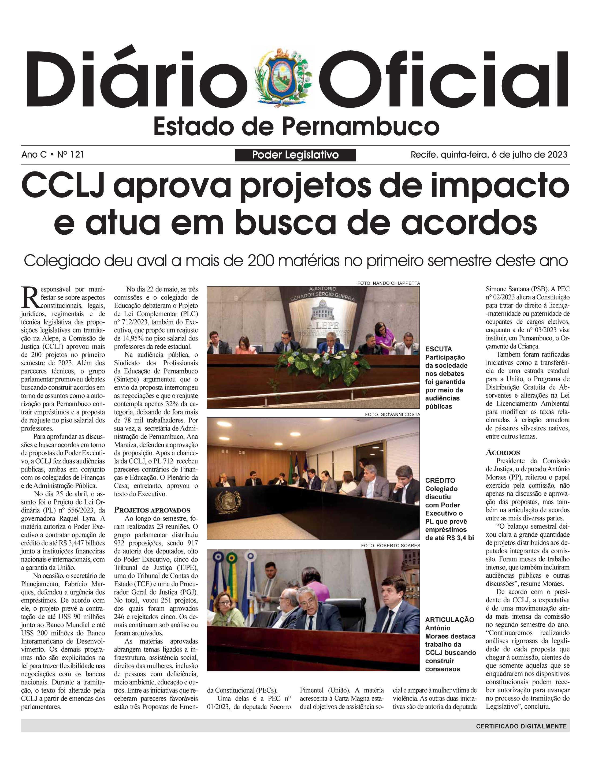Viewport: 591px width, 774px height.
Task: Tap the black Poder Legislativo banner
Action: point(295,155)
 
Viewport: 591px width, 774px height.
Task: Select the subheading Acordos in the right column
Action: point(503,453)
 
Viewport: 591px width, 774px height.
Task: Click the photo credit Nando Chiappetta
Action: point(388,283)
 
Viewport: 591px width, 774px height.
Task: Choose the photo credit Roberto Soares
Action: point(391,545)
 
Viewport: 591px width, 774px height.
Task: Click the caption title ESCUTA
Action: point(438,349)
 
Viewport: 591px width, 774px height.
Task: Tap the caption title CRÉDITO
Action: point(440,480)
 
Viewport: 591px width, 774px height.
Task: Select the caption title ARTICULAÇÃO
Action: point(449,620)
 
